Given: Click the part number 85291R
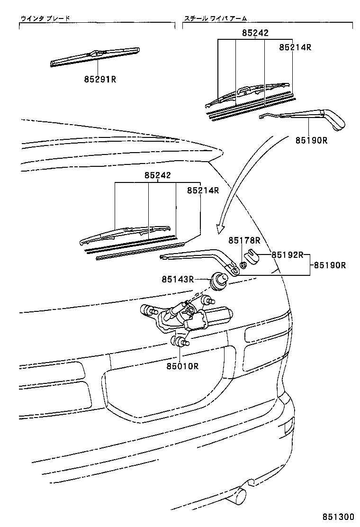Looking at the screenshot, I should point(100,79).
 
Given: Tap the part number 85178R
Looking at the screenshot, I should point(244,241).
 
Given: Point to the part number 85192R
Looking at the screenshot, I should point(287,254).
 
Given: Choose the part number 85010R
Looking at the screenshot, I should point(182,365).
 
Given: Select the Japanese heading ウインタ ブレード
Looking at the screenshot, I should point(45,18).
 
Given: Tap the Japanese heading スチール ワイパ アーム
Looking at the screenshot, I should point(216,18).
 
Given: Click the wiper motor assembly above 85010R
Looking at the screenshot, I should point(189,318).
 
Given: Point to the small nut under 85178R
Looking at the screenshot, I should point(243,264).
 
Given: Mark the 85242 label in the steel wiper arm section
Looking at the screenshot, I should point(255,33).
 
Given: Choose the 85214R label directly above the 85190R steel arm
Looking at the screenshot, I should point(295,47).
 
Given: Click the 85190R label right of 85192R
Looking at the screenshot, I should point(329,265).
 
